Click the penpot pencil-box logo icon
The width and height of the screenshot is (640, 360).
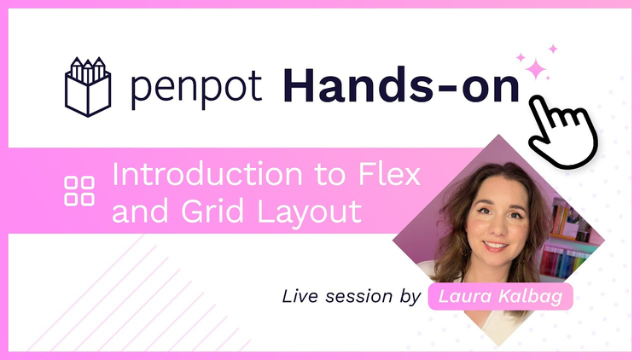[x=88, y=87]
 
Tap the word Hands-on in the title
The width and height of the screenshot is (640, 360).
[x=401, y=85]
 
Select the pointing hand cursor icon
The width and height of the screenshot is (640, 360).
[x=563, y=132]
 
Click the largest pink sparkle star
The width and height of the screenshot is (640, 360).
[x=536, y=69]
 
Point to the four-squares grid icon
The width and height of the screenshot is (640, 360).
[x=79, y=191]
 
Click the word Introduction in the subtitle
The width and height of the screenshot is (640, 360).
[x=207, y=174]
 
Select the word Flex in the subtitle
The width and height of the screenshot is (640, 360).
[x=390, y=174]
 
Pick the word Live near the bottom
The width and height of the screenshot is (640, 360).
[x=300, y=296]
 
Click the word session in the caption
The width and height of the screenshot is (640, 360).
[x=358, y=296]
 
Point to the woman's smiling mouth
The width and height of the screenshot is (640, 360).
[x=495, y=247]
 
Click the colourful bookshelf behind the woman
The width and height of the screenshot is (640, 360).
[x=568, y=240]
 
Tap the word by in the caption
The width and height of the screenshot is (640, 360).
[x=410, y=297]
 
